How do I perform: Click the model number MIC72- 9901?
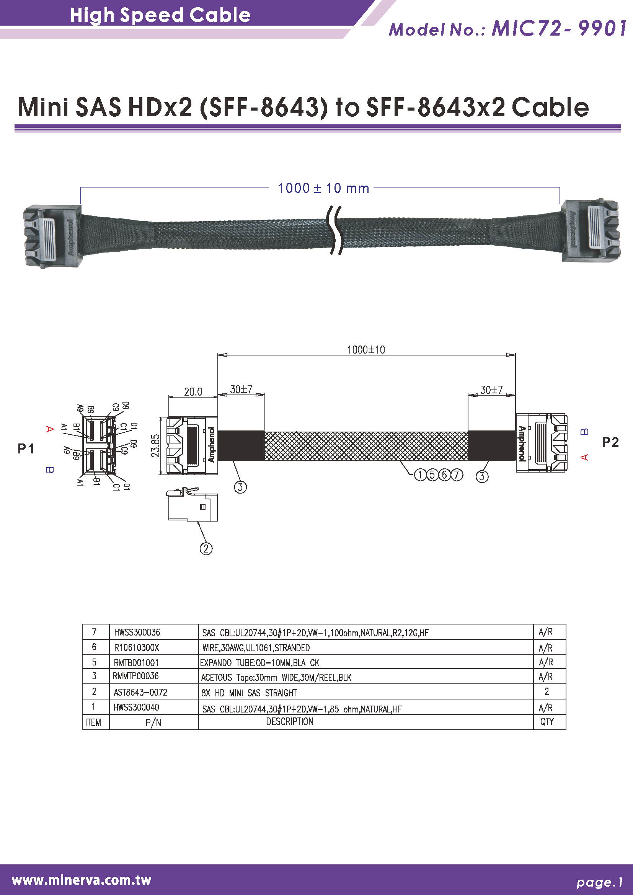click(558, 29)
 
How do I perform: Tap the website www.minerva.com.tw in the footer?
click(82, 880)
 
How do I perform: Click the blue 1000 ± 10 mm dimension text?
click(323, 188)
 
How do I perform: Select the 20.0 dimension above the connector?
click(193, 391)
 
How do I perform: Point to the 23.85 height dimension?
click(155, 445)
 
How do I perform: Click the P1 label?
click(26, 449)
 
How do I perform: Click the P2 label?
click(610, 442)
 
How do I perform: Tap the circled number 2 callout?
click(206, 549)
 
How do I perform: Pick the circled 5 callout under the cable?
click(432, 475)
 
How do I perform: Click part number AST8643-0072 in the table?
click(140, 692)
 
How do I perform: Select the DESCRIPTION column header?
click(290, 722)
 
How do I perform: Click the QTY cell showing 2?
click(547, 691)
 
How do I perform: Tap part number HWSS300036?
click(137, 632)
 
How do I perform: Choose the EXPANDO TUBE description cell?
click(259, 663)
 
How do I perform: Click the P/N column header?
click(153, 723)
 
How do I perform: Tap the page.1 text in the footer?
click(599, 882)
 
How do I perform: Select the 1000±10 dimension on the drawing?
click(365, 349)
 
